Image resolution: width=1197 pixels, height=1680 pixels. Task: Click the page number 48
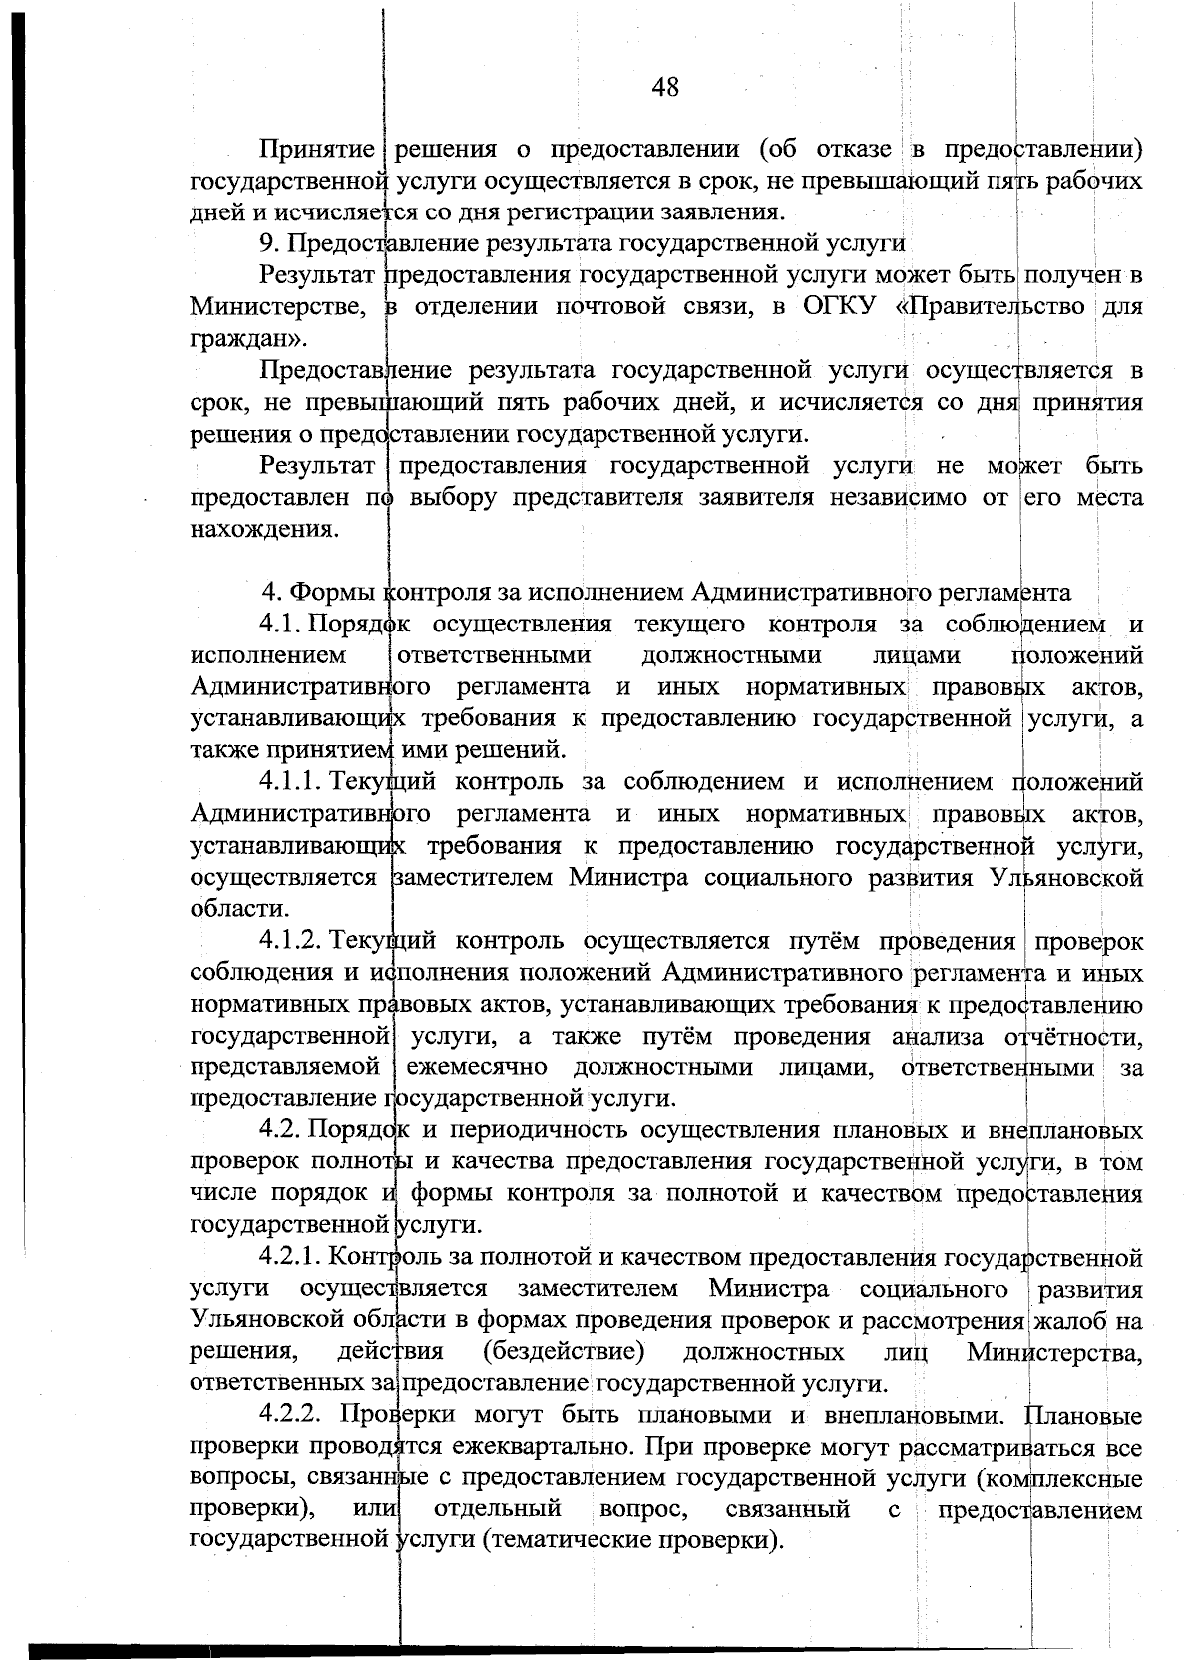tap(665, 88)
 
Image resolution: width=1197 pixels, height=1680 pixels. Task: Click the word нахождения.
tap(259, 530)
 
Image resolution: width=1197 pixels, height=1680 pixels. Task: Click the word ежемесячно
tap(477, 1067)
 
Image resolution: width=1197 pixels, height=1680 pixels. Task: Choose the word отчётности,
tap(1072, 1037)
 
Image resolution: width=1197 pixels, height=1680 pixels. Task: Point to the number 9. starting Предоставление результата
tap(268, 244)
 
